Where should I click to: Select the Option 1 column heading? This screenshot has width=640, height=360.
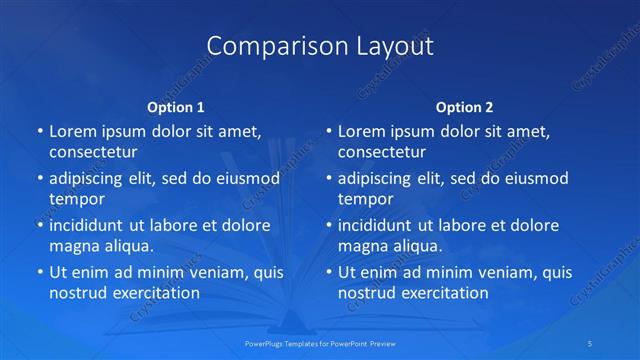point(176,107)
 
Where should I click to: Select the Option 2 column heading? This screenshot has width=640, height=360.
point(465,107)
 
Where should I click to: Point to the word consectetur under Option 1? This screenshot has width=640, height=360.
point(93,152)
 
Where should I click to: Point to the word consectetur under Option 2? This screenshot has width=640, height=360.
point(382,152)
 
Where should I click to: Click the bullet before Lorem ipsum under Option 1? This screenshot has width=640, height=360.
point(39,132)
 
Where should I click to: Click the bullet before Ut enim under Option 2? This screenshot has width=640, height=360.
point(328,272)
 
